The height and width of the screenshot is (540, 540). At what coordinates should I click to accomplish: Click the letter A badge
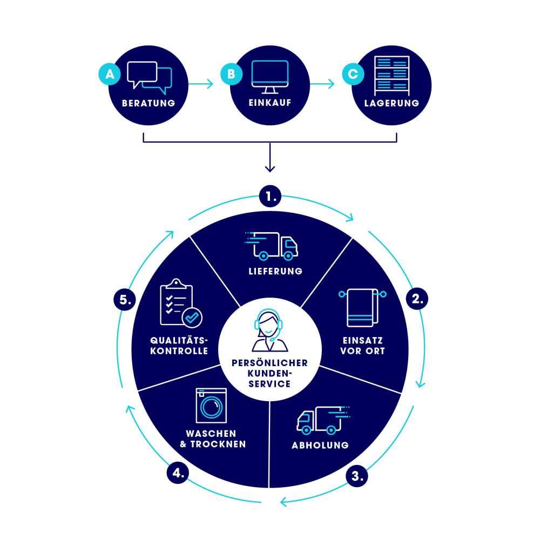point(110,75)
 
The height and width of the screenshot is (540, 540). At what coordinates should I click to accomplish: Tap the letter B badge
point(231,75)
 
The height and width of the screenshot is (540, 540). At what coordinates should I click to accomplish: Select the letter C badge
point(353,75)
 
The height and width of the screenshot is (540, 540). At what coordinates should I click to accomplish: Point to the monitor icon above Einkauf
point(270,76)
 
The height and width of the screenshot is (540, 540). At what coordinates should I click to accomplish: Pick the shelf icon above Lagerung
point(391,75)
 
